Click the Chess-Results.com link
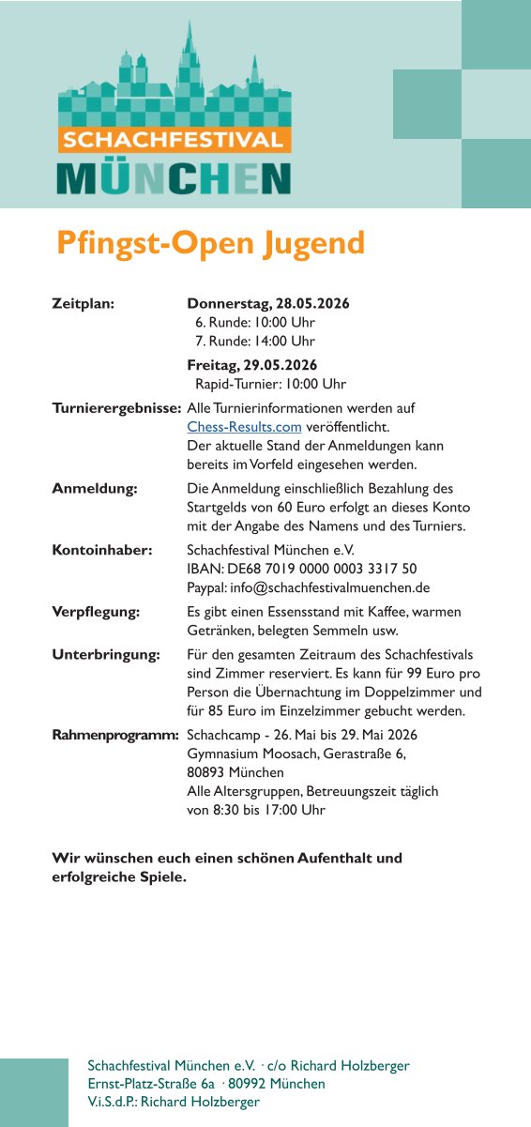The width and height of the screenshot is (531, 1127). click(x=244, y=427)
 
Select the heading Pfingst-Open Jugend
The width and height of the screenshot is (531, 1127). click(x=210, y=242)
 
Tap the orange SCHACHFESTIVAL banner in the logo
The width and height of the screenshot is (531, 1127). click(x=174, y=140)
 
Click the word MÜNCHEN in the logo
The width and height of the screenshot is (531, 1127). click(x=174, y=178)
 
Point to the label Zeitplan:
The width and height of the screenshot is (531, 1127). click(x=83, y=304)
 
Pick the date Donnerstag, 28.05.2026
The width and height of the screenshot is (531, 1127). click(x=268, y=304)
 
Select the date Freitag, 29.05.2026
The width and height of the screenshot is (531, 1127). click(x=252, y=365)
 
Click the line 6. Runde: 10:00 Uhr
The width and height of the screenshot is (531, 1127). click(x=255, y=323)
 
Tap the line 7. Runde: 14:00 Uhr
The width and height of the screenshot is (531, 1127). click(x=255, y=342)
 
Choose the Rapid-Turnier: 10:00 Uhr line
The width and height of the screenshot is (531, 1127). click(x=270, y=384)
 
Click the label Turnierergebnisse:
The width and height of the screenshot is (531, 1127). click(x=116, y=408)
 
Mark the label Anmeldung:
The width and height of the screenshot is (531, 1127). click(x=95, y=489)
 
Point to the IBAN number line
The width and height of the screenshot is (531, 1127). click(x=302, y=569)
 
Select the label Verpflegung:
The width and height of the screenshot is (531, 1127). click(x=96, y=612)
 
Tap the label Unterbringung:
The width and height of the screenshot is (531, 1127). click(x=106, y=654)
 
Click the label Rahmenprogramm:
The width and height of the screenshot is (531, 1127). click(x=115, y=735)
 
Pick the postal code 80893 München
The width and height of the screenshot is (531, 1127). click(x=235, y=772)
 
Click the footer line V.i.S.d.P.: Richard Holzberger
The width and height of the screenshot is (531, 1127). click(x=174, y=1102)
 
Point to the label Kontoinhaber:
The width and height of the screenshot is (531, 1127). click(x=102, y=550)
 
